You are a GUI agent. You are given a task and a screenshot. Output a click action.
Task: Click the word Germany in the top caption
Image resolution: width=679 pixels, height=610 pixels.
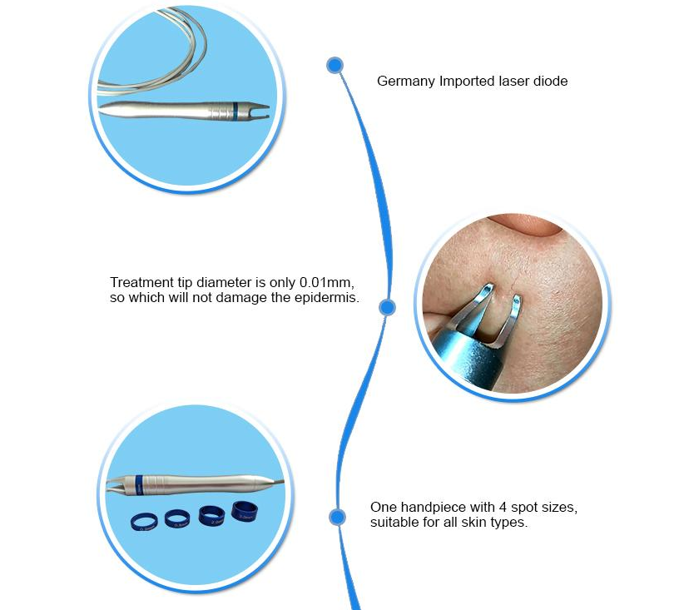399,82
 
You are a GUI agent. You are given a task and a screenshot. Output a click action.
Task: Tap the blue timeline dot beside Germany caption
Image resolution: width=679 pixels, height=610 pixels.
335,66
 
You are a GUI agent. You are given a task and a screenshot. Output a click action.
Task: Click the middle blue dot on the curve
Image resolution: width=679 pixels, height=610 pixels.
387,307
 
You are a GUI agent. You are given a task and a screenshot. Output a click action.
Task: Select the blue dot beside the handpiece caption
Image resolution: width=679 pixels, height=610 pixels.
337,517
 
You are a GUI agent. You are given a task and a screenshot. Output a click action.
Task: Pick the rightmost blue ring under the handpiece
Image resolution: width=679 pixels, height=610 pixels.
245,511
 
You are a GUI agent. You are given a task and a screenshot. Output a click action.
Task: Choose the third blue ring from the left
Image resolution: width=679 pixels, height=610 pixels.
211,516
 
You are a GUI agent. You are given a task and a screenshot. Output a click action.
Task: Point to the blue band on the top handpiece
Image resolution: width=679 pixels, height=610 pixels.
235,111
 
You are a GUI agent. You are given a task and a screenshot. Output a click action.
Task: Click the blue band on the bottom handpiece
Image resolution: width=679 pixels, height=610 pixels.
139,484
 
